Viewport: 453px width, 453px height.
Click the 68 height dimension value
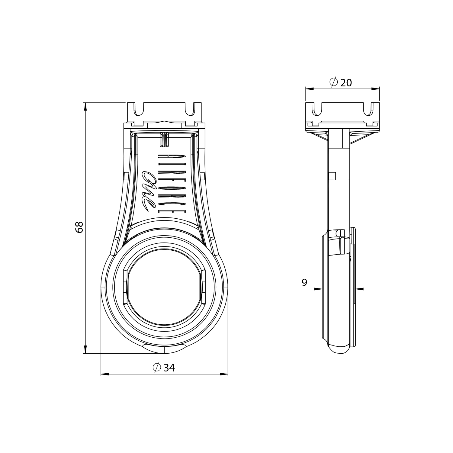79,227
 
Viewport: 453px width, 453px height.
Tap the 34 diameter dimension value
169,368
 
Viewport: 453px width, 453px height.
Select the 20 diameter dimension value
346,82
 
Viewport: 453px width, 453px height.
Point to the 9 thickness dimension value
304,283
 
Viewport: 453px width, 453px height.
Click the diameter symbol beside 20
333,82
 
